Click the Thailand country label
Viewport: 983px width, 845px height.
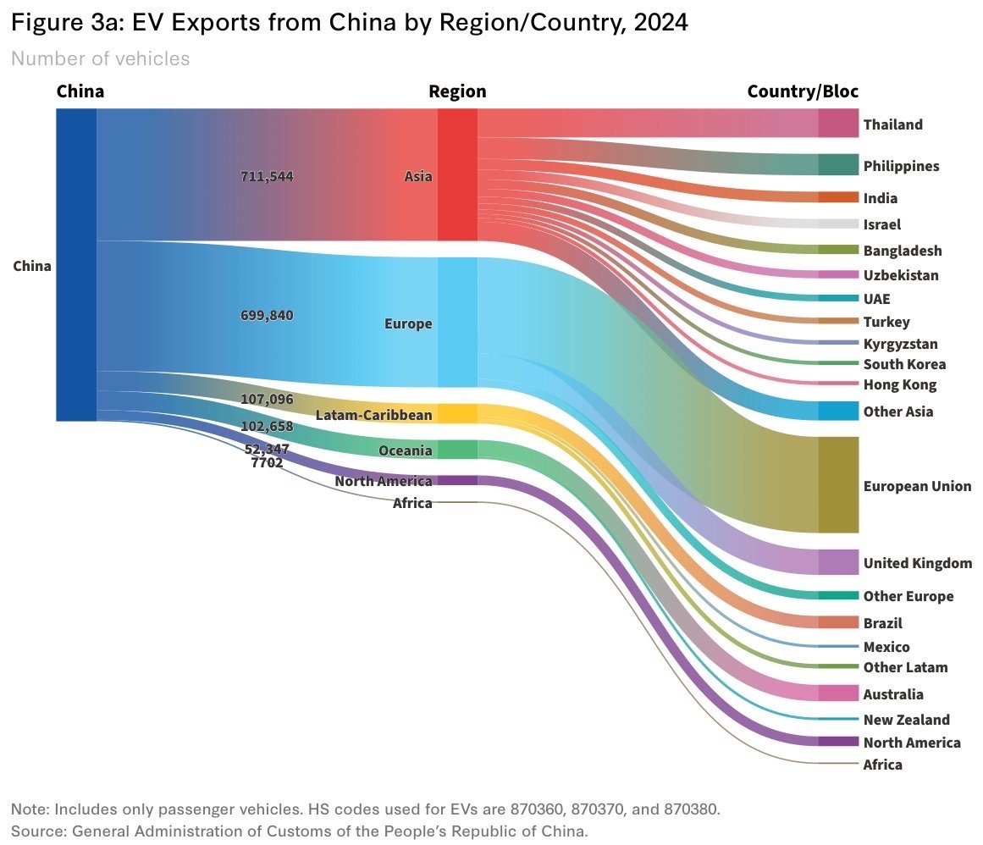click(892, 124)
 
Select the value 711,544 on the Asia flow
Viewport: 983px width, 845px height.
click(267, 177)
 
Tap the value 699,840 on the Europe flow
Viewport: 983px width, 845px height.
click(267, 315)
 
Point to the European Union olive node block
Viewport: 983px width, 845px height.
click(838, 485)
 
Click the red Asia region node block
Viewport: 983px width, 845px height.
click(457, 174)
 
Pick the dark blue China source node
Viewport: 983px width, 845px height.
click(76, 264)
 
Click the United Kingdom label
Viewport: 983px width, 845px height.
click(917, 563)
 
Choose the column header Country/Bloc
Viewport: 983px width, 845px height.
click(803, 91)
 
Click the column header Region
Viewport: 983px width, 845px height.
click(457, 91)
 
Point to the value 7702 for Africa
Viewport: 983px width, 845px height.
click(267, 463)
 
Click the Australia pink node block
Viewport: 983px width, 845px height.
click(838, 693)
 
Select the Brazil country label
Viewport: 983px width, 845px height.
click(882, 623)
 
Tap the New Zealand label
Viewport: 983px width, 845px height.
click(906, 720)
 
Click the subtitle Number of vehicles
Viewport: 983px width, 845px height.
click(100, 58)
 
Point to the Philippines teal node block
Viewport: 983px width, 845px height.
click(838, 164)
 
